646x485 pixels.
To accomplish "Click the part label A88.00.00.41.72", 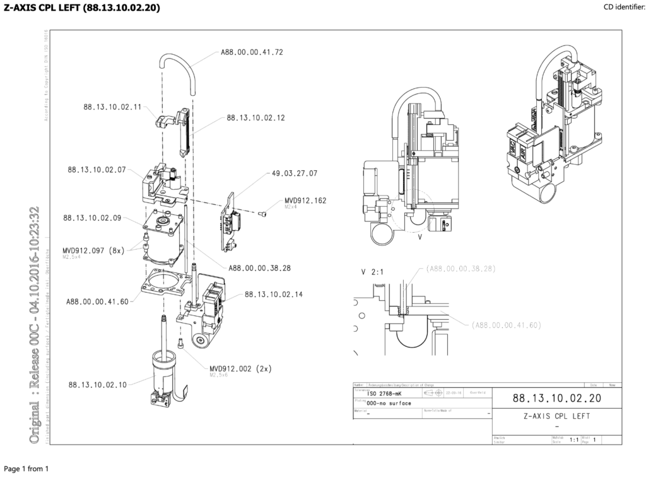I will coord(252,52).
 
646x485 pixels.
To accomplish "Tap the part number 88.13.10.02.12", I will coord(255,117).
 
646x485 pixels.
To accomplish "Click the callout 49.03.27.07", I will coord(295,172).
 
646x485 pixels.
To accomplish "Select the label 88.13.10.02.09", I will coord(92,218).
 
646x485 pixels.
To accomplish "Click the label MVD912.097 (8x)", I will coord(93,250).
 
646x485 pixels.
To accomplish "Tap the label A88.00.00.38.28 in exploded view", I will coord(259,267).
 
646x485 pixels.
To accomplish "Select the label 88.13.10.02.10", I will coord(98,384).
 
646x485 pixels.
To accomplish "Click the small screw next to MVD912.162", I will coord(264,214).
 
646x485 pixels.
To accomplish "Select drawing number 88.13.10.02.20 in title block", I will coord(556,398).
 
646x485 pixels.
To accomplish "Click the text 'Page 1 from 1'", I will coord(26,469).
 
